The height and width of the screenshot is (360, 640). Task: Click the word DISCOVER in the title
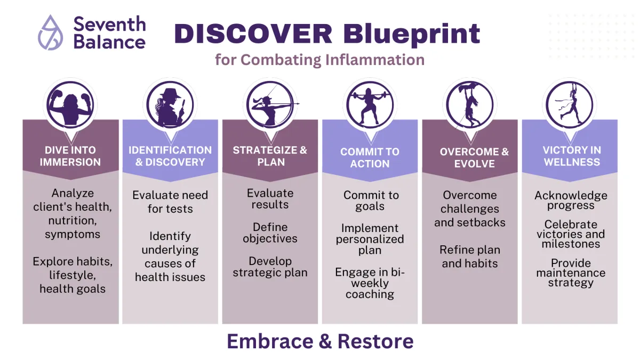pyautogui.click(x=253, y=34)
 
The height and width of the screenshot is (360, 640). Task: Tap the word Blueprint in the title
pyautogui.click(x=412, y=35)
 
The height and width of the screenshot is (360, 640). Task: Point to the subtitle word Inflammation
pyautogui.click(x=375, y=59)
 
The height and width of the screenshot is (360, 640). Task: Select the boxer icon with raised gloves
pyautogui.click(x=70, y=105)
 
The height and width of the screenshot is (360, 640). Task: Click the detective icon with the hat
pyautogui.click(x=170, y=105)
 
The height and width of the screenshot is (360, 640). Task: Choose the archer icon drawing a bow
pyautogui.click(x=270, y=105)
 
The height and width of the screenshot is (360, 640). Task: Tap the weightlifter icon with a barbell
pyautogui.click(x=370, y=105)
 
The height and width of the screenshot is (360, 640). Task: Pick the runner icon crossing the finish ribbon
pyautogui.click(x=570, y=105)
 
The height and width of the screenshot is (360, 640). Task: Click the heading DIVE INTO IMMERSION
pyautogui.click(x=70, y=156)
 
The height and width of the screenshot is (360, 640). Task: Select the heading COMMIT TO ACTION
pyautogui.click(x=370, y=158)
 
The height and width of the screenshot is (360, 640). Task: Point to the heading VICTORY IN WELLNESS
pyautogui.click(x=572, y=156)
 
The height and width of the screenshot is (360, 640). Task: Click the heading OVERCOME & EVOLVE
pyautogui.click(x=474, y=158)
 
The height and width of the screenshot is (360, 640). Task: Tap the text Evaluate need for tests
pyautogui.click(x=170, y=202)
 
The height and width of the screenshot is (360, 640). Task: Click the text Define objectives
pyautogui.click(x=270, y=233)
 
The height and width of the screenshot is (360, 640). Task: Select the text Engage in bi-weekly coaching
pyautogui.click(x=370, y=283)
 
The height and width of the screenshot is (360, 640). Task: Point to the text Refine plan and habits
pyautogui.click(x=470, y=257)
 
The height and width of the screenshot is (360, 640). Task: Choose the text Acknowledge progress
pyautogui.click(x=571, y=201)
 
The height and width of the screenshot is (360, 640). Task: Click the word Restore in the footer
pyautogui.click(x=375, y=341)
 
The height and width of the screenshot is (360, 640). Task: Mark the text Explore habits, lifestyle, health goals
pyautogui.click(x=73, y=275)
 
